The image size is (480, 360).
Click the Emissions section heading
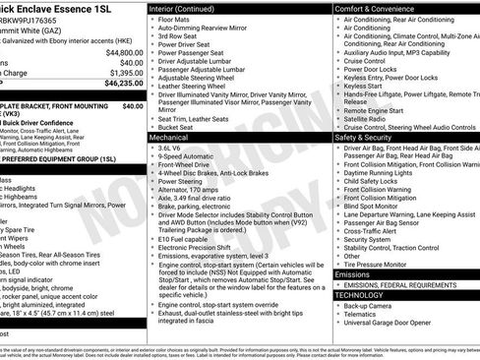354,275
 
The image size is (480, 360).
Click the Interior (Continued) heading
183,7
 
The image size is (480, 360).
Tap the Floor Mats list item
177,19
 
